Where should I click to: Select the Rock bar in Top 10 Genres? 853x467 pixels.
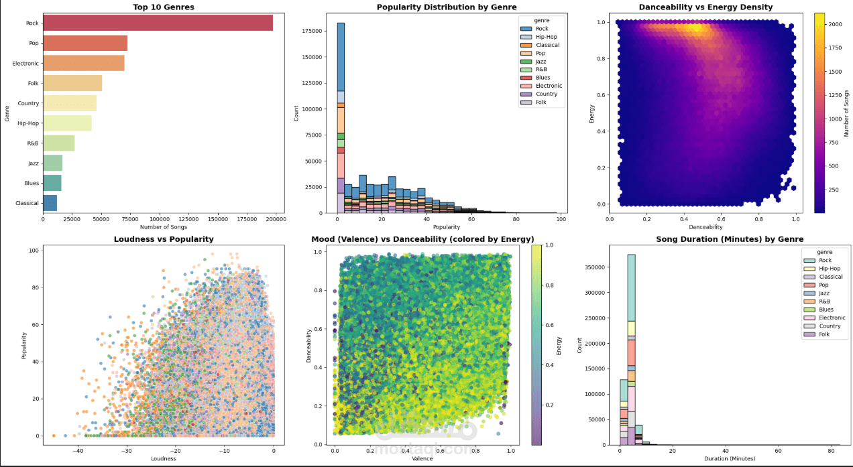158,23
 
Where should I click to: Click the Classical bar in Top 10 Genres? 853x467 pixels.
50,203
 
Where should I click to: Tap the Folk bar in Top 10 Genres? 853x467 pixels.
72,83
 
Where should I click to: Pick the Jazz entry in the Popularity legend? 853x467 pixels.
542,62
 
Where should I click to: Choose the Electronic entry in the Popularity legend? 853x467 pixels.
549,86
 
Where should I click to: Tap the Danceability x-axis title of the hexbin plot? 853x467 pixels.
701,227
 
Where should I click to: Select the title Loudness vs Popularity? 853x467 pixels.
164,239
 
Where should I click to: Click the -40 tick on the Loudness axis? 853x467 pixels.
78,451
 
